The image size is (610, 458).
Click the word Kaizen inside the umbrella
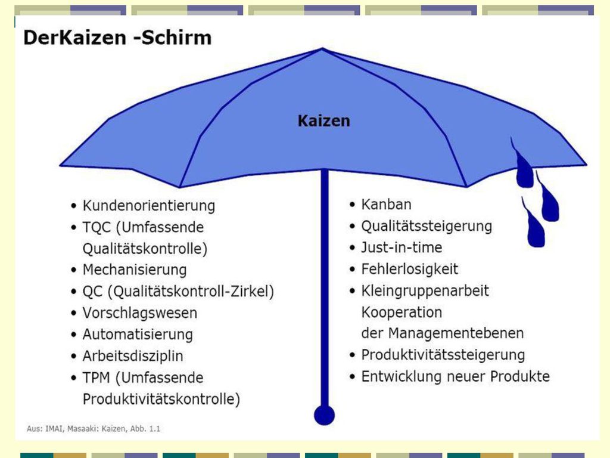(323, 120)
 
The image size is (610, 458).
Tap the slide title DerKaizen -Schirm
(117, 38)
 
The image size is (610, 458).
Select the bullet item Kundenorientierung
(148, 205)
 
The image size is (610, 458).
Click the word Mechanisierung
(135, 270)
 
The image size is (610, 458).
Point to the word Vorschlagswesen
(139, 312)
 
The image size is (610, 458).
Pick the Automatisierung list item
(138, 334)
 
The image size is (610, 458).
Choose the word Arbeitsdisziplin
(133, 356)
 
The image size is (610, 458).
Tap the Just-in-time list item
(402, 247)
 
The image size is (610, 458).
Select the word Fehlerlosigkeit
(410, 269)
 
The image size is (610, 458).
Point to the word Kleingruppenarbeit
(425, 290)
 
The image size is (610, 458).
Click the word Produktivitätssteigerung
(443, 355)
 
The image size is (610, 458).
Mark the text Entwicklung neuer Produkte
(456, 376)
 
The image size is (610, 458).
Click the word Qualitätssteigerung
(427, 226)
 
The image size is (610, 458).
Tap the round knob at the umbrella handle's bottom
(325, 415)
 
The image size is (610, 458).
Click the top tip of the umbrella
(322, 48)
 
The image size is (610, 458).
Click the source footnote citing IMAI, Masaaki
(94, 429)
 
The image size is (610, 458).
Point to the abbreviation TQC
(97, 227)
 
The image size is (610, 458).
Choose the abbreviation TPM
(96, 377)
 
